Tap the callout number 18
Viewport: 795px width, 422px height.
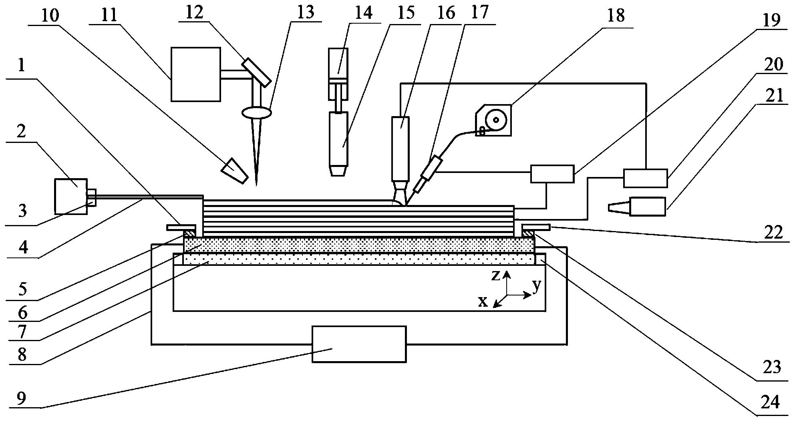point(616,16)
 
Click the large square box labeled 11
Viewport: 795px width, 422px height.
point(196,74)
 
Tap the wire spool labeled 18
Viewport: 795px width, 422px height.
point(493,120)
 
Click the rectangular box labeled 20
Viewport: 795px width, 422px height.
point(645,178)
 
